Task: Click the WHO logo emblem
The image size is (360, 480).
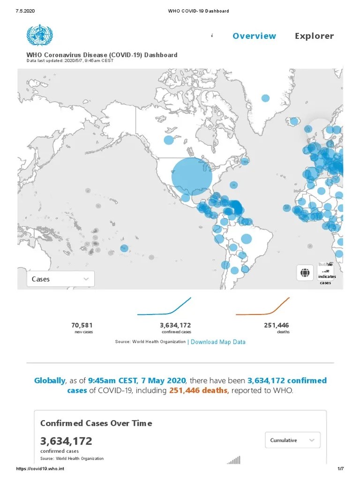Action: click(40, 35)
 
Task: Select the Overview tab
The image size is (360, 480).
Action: click(254, 36)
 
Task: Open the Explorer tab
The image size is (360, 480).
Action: click(314, 36)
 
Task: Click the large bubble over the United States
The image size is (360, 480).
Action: click(192, 177)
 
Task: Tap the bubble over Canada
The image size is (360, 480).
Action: click(169, 140)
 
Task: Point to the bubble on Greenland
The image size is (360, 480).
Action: click(265, 98)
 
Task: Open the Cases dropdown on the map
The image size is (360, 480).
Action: click(60, 279)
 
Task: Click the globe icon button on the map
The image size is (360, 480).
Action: click(305, 272)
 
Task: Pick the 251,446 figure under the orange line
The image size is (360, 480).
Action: click(277, 325)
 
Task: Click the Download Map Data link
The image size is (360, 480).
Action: click(218, 342)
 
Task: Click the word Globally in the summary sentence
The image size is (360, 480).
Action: click(49, 380)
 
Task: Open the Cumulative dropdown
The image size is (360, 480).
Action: click(292, 440)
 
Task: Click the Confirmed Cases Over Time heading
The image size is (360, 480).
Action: click(96, 423)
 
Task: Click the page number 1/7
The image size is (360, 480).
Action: click(341, 469)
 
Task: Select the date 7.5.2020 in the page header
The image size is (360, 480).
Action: click(25, 11)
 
